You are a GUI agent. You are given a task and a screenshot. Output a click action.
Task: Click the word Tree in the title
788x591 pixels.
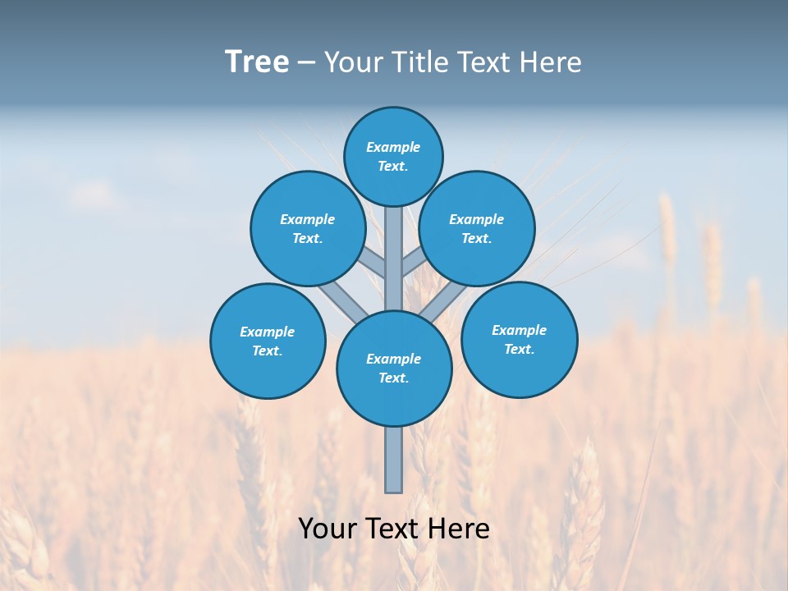pyautogui.click(x=257, y=62)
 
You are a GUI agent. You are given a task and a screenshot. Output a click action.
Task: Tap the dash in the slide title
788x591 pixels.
pyautogui.click(x=306, y=62)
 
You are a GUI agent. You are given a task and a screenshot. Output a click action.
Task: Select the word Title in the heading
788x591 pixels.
pyautogui.click(x=419, y=62)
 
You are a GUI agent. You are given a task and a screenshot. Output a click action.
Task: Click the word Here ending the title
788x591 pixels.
pyautogui.click(x=549, y=62)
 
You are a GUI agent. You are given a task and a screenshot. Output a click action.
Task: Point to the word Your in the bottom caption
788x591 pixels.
pyautogui.click(x=328, y=528)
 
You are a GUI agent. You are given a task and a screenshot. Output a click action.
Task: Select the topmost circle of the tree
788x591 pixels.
pyautogui.click(x=393, y=156)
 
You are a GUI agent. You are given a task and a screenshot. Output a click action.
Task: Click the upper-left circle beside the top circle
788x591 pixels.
pyautogui.click(x=308, y=228)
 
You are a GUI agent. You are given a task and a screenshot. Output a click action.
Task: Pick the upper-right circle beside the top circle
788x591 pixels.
pyautogui.click(x=477, y=228)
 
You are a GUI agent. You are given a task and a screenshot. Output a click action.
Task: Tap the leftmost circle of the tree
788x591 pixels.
pyautogui.click(x=268, y=341)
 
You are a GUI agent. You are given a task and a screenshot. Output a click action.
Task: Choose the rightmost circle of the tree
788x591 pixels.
pyautogui.click(x=519, y=339)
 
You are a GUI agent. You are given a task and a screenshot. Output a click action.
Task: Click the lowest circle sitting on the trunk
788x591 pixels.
pyautogui.click(x=394, y=369)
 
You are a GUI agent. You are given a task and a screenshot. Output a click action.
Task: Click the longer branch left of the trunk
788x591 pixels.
pyautogui.click(x=343, y=301)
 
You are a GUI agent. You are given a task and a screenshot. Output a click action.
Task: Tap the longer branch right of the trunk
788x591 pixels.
pyautogui.click(x=443, y=301)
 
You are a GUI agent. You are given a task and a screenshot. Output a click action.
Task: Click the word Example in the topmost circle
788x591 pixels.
pyautogui.click(x=393, y=147)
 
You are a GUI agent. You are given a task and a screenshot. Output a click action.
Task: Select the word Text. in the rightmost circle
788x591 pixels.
pyautogui.click(x=519, y=349)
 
